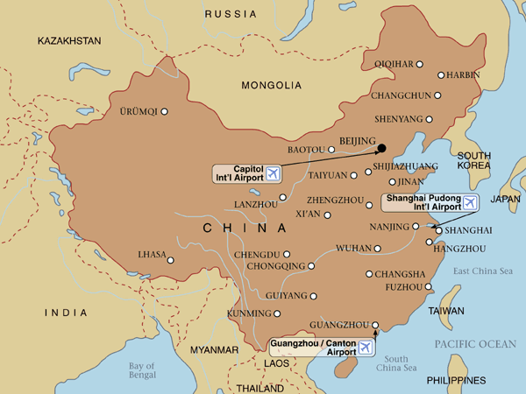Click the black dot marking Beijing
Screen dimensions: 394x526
(x=381, y=147)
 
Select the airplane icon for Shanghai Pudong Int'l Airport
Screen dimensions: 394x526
(x=471, y=203)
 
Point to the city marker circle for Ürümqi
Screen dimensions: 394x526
(x=164, y=111)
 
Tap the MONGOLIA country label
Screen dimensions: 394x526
(x=272, y=85)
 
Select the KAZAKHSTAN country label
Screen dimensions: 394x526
(x=70, y=41)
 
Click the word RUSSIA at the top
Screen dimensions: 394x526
(x=231, y=14)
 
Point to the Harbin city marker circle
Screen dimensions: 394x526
(x=441, y=75)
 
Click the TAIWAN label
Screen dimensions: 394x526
(x=445, y=311)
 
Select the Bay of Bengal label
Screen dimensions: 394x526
(x=140, y=371)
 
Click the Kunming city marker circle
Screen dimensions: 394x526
(x=278, y=313)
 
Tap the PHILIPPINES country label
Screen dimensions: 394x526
(x=456, y=381)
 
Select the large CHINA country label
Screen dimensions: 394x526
(x=245, y=229)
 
